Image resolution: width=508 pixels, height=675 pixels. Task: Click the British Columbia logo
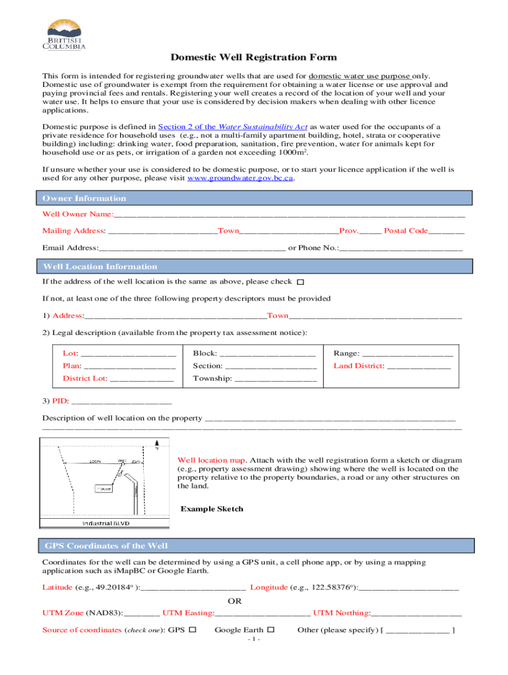(x=65, y=34)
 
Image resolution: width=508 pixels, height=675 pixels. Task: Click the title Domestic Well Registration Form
(x=254, y=57)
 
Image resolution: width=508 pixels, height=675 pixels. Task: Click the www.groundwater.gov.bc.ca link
(x=240, y=178)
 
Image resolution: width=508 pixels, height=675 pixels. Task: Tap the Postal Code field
(x=447, y=231)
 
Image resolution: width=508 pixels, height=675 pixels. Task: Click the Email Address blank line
(x=191, y=249)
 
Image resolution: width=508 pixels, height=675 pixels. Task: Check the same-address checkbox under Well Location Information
(x=300, y=282)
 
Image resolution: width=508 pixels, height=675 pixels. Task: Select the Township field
(x=275, y=379)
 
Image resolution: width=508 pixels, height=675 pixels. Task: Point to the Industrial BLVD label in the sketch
(x=106, y=523)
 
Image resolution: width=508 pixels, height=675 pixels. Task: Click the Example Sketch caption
(x=212, y=509)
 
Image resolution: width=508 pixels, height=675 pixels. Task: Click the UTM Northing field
(x=417, y=613)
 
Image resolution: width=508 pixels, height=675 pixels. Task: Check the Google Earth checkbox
(x=270, y=630)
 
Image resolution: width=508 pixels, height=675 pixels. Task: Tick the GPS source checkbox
(x=193, y=630)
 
